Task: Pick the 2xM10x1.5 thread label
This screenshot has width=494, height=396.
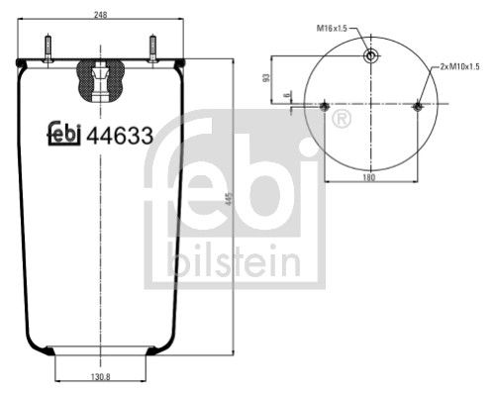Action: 459,66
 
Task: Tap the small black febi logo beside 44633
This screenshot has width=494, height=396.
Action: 65,136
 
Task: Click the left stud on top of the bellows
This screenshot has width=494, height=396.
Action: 47,48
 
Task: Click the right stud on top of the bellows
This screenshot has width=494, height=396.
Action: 152,48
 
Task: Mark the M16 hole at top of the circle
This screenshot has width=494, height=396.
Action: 370,56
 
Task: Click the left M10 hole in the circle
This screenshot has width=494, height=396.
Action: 326,106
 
